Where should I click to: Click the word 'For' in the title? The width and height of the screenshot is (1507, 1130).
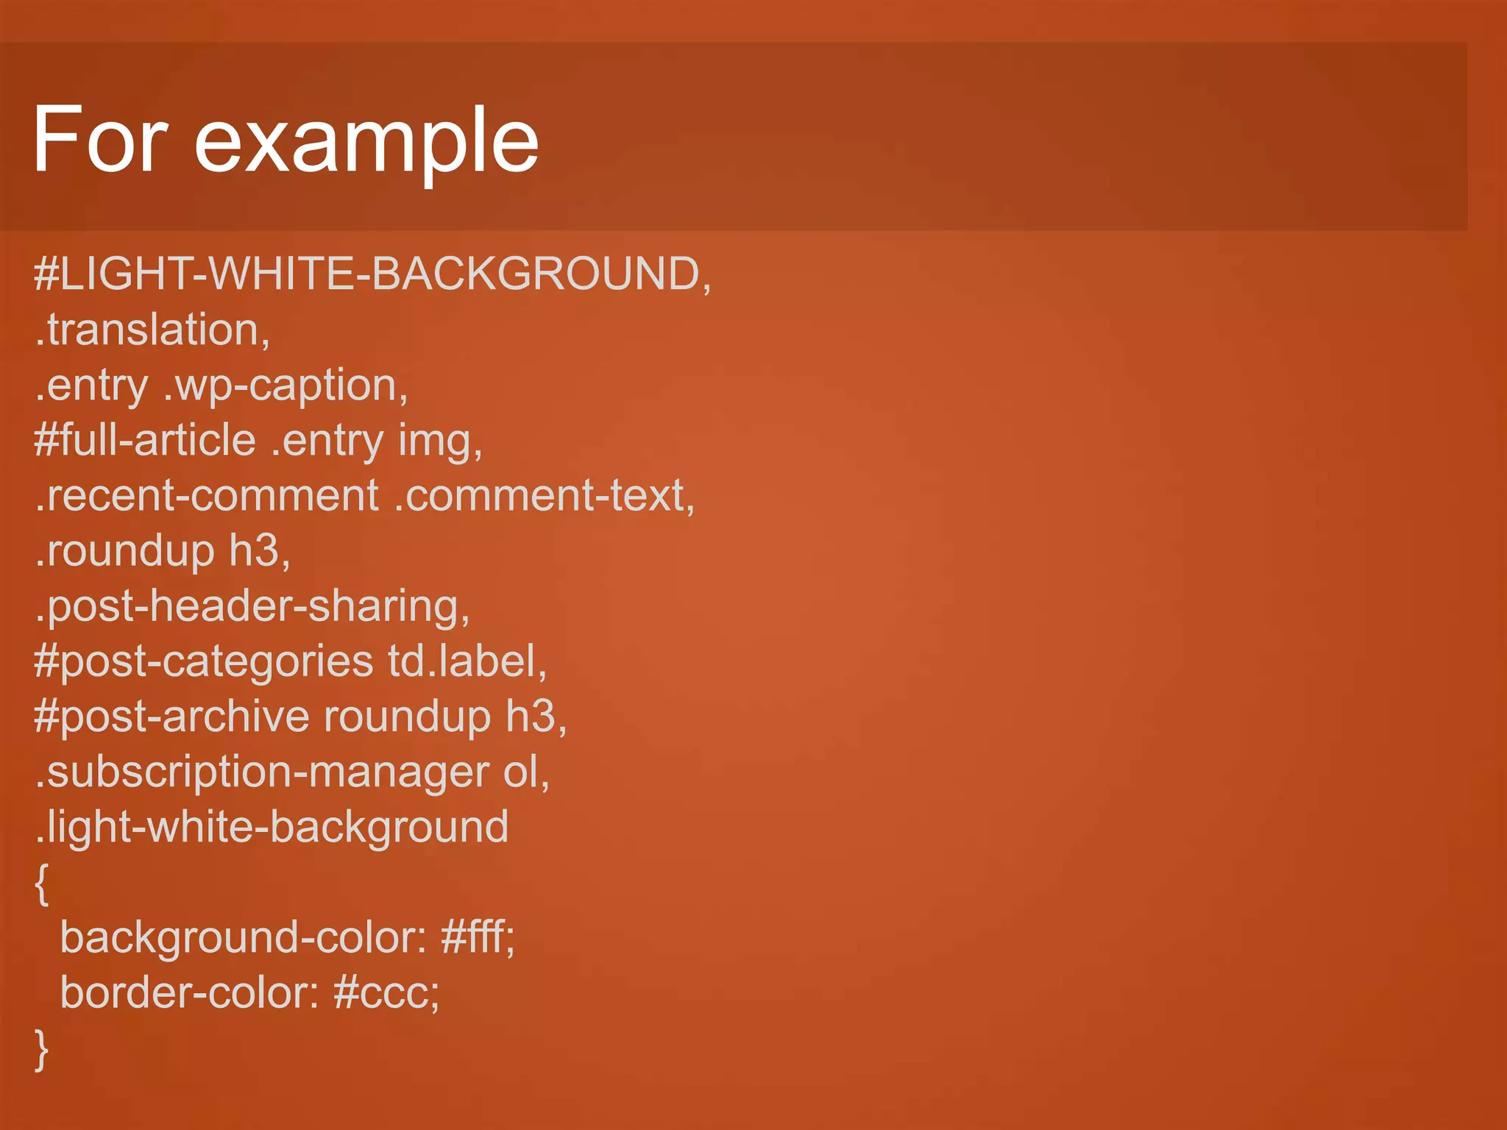pos(100,140)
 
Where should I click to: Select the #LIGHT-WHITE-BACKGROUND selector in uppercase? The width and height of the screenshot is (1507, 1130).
pos(372,274)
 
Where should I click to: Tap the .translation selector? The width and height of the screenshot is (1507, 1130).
pos(152,330)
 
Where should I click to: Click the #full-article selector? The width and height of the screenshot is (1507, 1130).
pos(145,440)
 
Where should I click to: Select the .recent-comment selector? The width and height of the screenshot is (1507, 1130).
pos(207,495)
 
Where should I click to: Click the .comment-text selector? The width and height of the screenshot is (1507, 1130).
pos(545,495)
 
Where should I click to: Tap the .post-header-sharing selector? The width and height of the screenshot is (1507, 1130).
pos(252,607)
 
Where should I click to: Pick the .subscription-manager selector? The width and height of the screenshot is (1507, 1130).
pos(262,772)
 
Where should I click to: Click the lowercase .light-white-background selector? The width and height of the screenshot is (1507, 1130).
pos(272,828)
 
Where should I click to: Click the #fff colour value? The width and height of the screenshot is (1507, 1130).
pos(478,938)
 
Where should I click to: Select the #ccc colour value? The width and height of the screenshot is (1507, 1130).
pos(386,993)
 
